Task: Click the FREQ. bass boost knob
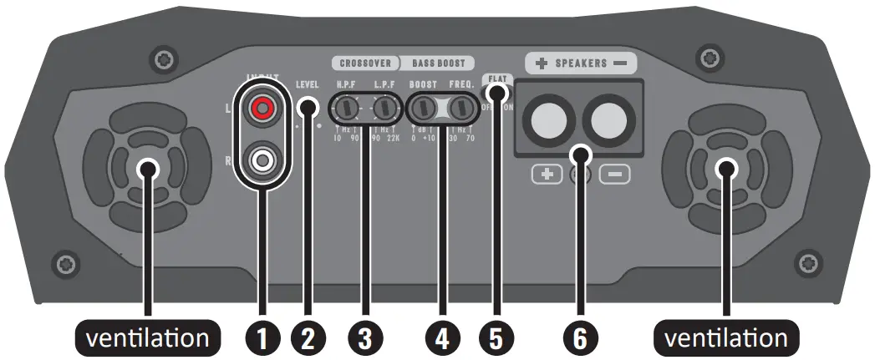click(460, 109)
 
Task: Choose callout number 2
click(308, 337)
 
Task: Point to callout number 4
click(441, 337)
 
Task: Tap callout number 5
click(495, 337)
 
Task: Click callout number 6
click(580, 337)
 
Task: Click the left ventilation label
click(148, 337)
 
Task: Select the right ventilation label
click(725, 337)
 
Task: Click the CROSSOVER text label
click(364, 63)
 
